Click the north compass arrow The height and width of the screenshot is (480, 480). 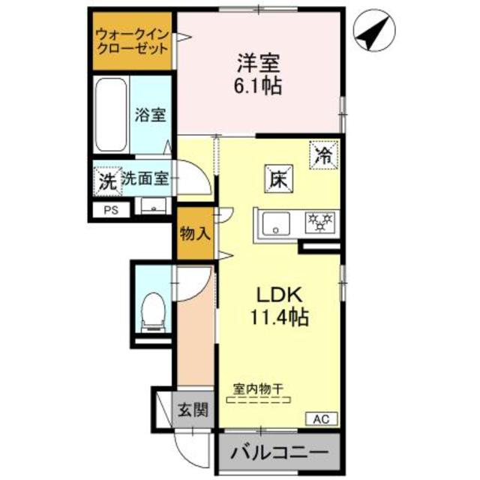coord(374,33)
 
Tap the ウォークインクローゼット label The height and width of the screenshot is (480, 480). coord(131,40)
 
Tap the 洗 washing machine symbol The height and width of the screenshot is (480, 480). coord(106,180)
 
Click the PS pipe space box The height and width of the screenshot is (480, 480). coord(110,209)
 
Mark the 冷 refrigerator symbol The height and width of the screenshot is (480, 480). coord(322,157)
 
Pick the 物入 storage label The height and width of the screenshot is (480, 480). coord(194,233)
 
